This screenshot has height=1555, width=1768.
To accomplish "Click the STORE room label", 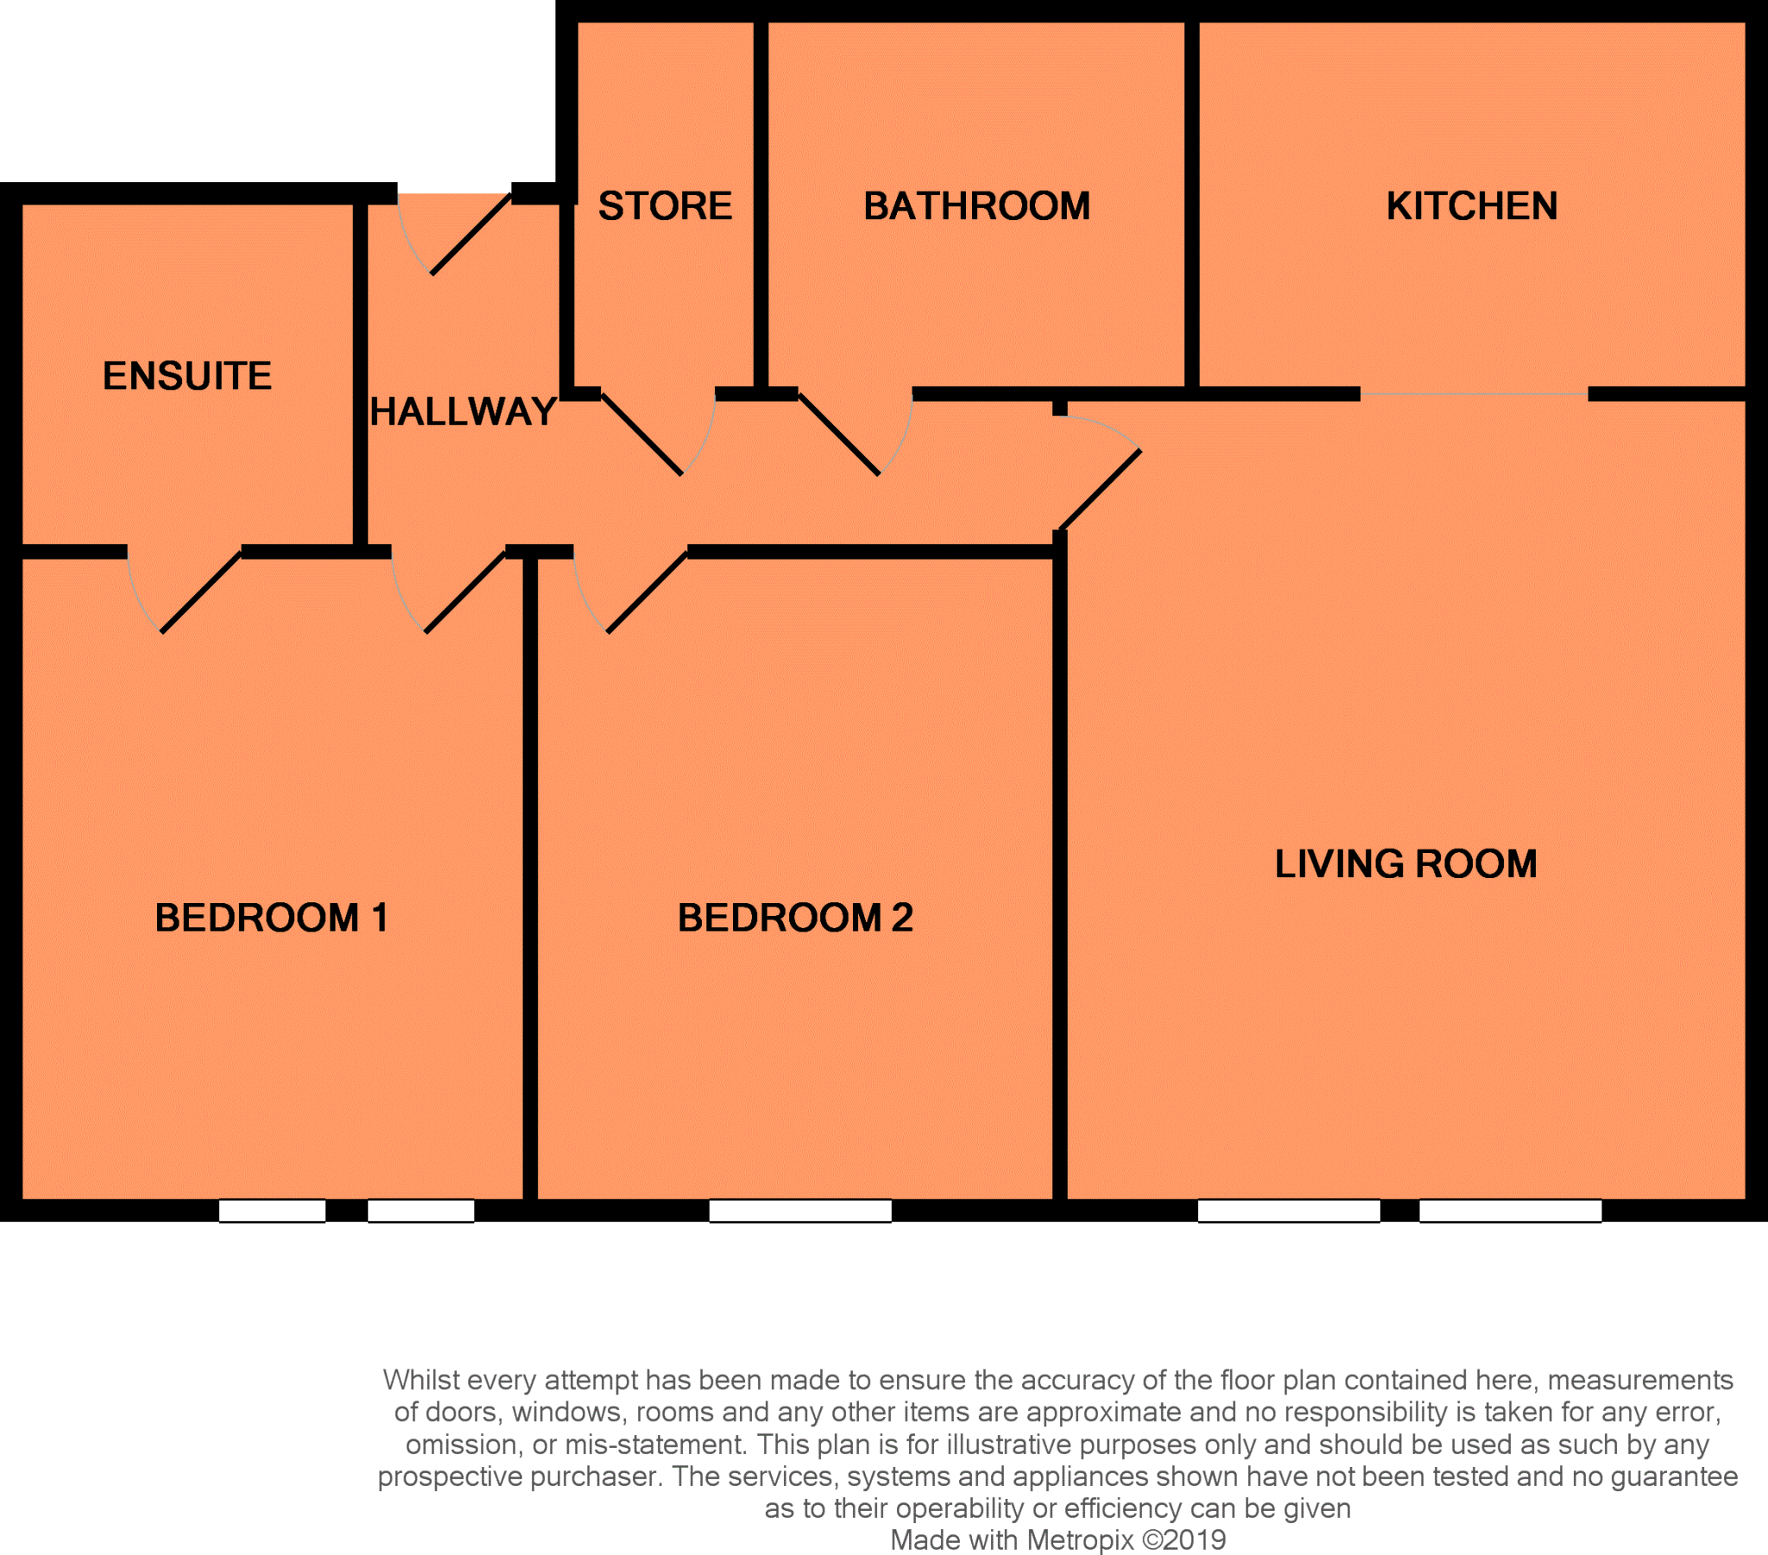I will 666,206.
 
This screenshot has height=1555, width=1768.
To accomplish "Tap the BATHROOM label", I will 976,206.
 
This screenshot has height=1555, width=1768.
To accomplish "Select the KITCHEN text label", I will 1471,206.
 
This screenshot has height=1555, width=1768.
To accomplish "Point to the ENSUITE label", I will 186,376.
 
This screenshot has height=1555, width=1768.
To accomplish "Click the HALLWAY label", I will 463,411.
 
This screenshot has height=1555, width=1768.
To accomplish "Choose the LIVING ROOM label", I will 1405,863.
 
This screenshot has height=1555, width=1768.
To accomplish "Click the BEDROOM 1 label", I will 271,917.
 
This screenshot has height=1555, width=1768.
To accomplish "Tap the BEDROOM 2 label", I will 795,917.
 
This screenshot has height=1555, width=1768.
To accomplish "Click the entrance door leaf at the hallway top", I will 471,234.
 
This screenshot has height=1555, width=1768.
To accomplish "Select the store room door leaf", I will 641,433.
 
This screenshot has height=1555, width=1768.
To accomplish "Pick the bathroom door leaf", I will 839,433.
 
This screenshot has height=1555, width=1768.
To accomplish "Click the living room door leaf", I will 1100,490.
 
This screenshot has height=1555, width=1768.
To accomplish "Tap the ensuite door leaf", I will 201,592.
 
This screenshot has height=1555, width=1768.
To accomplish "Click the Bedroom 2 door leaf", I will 647,592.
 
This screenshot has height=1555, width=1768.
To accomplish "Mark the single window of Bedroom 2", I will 800,1210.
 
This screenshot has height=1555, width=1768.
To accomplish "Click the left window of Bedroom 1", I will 272,1210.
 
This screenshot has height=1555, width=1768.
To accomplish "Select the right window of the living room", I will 1510,1210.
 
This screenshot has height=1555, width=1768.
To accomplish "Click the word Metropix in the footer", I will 1079,1539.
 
